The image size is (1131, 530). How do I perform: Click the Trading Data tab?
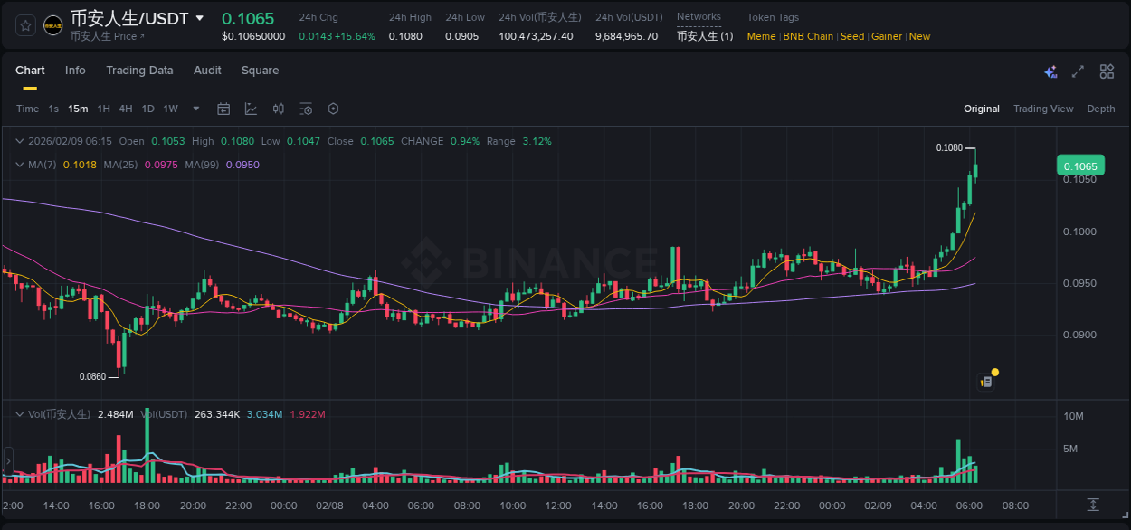pyautogui.click(x=139, y=71)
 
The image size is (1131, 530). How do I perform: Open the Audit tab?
pyautogui.click(x=207, y=71)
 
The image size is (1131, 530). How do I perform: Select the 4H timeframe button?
pyautogui.click(x=126, y=109)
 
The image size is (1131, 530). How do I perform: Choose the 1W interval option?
pyautogui.click(x=170, y=109)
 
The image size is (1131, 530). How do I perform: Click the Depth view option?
pyautogui.click(x=1101, y=109)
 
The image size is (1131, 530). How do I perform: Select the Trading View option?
pyautogui.click(x=1043, y=109)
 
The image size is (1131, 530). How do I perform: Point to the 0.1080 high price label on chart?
pyautogui.click(x=949, y=147)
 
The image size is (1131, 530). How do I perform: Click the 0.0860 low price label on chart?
pyautogui.click(x=92, y=376)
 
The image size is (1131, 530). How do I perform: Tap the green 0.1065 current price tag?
pyautogui.click(x=1080, y=166)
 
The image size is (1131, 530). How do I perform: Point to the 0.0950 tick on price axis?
pyautogui.click(x=1079, y=283)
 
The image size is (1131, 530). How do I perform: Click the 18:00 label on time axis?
pyautogui.click(x=147, y=506)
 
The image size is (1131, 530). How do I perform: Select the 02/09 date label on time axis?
pyautogui.click(x=878, y=506)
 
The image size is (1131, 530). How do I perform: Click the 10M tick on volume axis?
pyautogui.click(x=1073, y=416)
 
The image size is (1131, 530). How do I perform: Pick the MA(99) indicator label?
pyautogui.click(x=203, y=165)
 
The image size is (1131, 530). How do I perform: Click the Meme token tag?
pyautogui.click(x=761, y=36)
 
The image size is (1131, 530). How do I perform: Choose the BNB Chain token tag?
pyautogui.click(x=808, y=36)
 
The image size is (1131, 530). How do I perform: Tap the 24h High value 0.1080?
pyautogui.click(x=405, y=36)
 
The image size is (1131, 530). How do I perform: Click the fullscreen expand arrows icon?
pyautogui.click(x=1078, y=71)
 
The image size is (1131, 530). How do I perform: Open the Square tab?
pyautogui.click(x=260, y=71)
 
